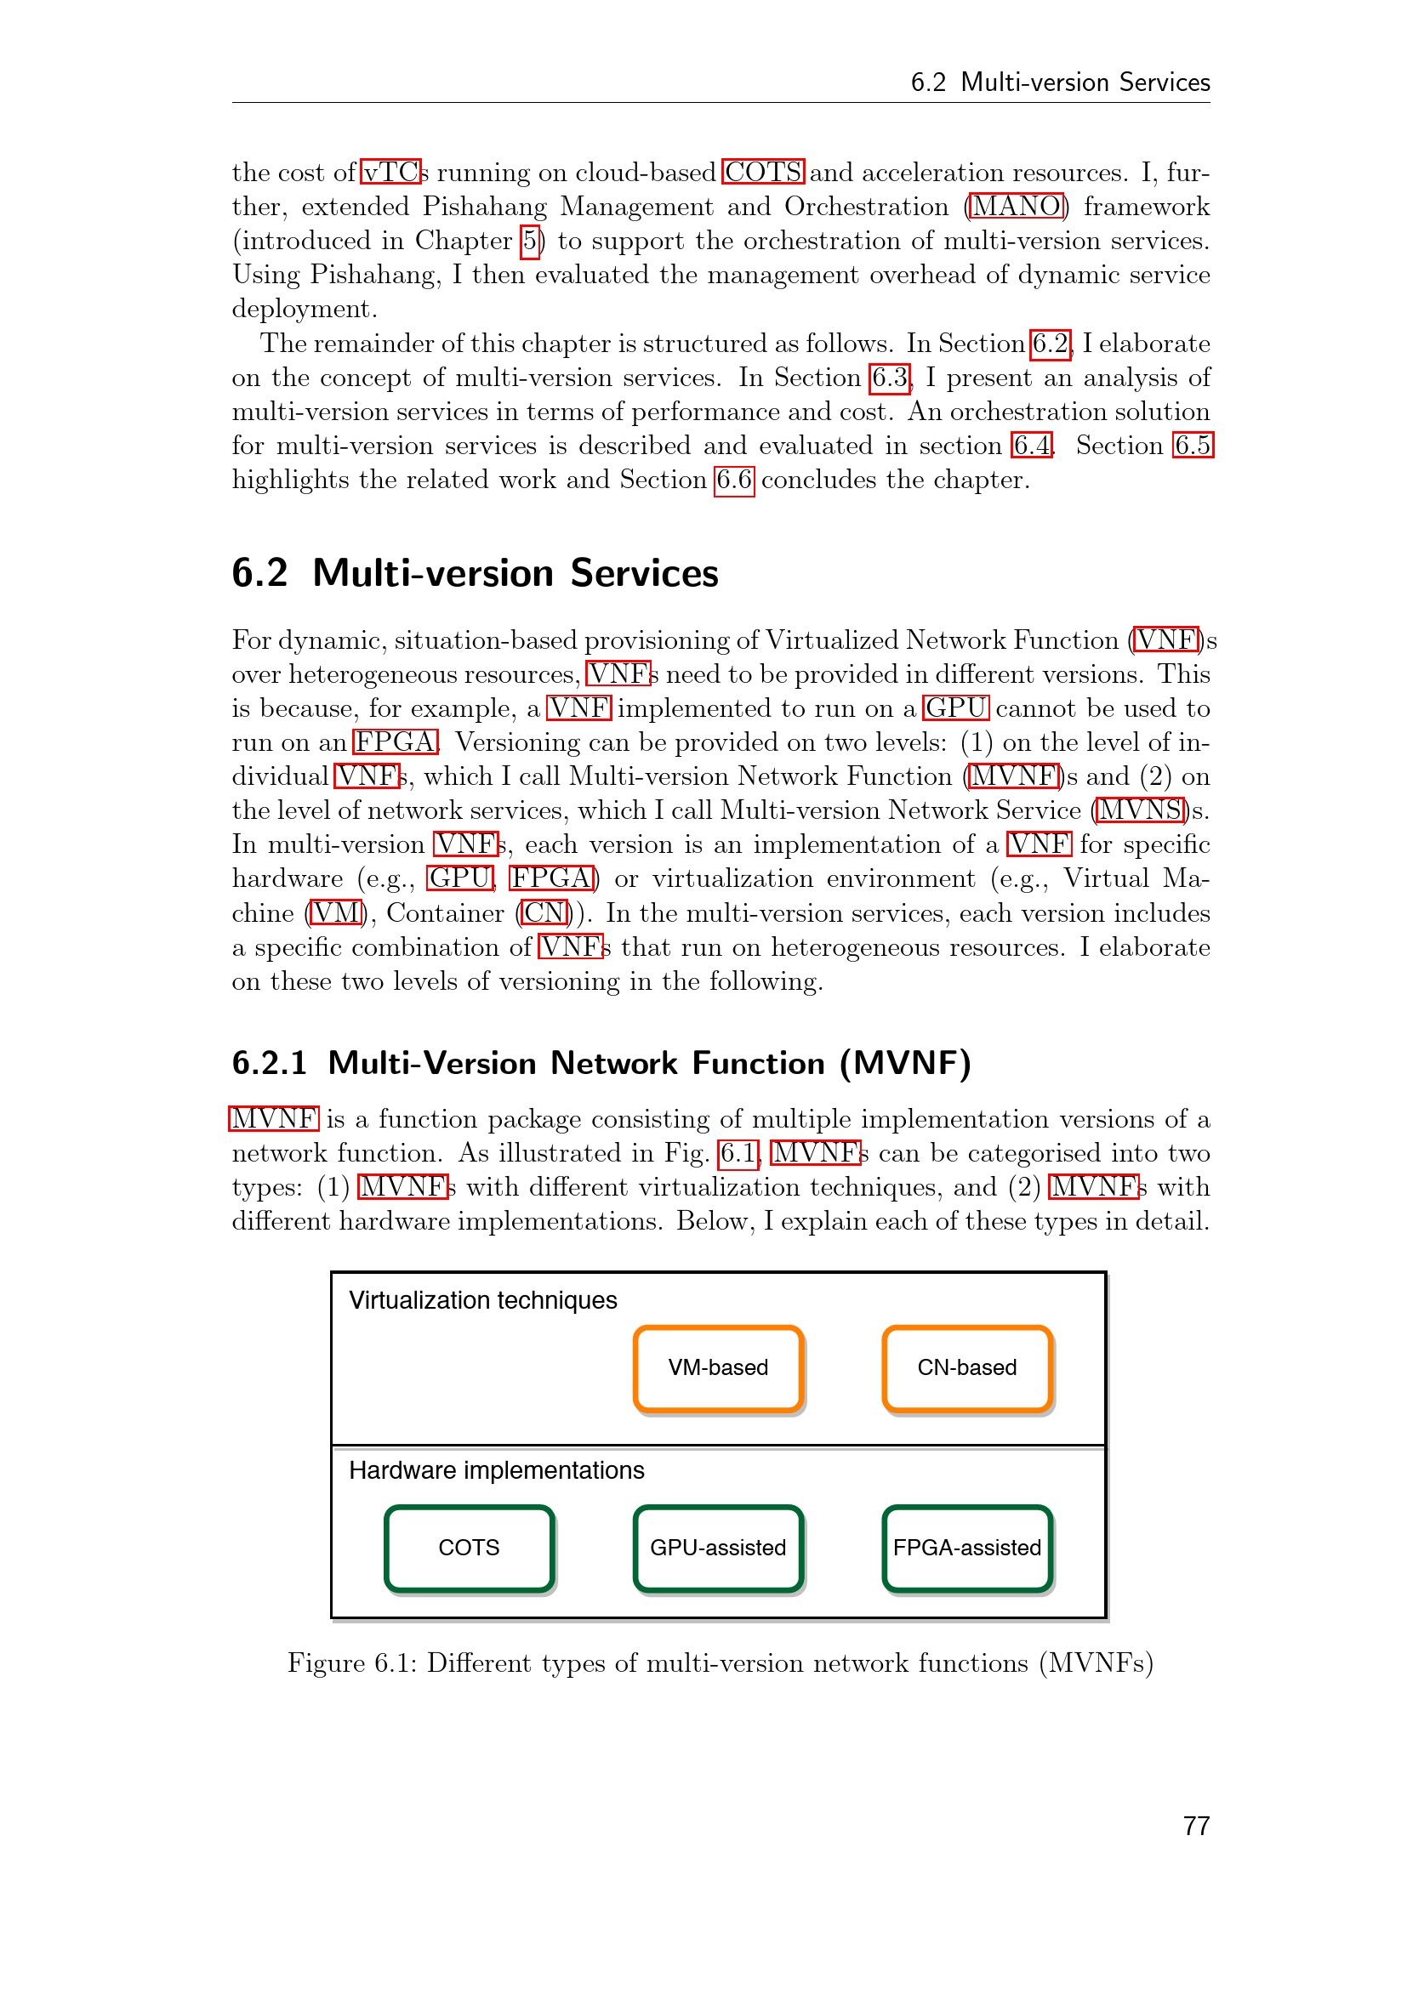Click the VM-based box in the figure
(x=718, y=1368)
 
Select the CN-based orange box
(x=967, y=1368)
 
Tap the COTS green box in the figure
(x=469, y=1548)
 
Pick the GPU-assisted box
(x=718, y=1548)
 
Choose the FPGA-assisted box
(x=967, y=1548)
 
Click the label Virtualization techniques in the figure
(x=482, y=1300)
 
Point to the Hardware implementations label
(x=497, y=1470)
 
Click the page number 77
(x=1195, y=1826)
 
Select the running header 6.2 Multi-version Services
(x=1060, y=82)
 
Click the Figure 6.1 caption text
(x=720, y=1663)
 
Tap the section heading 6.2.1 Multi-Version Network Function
(x=601, y=1063)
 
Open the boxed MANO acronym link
(x=1017, y=206)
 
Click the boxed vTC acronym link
(x=390, y=173)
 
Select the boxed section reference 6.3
(x=890, y=378)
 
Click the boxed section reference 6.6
(x=734, y=480)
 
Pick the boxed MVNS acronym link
(x=1139, y=810)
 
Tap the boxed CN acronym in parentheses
(x=545, y=913)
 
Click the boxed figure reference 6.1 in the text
(x=738, y=1153)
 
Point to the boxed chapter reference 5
(x=530, y=241)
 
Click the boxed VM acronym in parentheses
(x=335, y=913)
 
